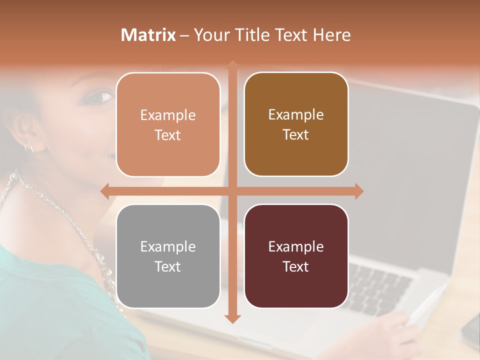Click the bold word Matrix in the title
[148, 35]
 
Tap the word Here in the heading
[332, 35]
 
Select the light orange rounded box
[168, 124]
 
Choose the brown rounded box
[296, 124]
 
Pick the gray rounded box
[168, 256]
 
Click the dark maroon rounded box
[296, 256]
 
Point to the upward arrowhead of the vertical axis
[232, 64]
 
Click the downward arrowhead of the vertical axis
[232, 319]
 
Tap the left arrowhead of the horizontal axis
[104, 191]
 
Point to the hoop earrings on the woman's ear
[29, 147]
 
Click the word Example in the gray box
[168, 246]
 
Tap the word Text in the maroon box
[296, 266]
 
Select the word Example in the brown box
[296, 115]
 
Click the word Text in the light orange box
[168, 135]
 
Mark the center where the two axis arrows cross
[232, 191]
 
